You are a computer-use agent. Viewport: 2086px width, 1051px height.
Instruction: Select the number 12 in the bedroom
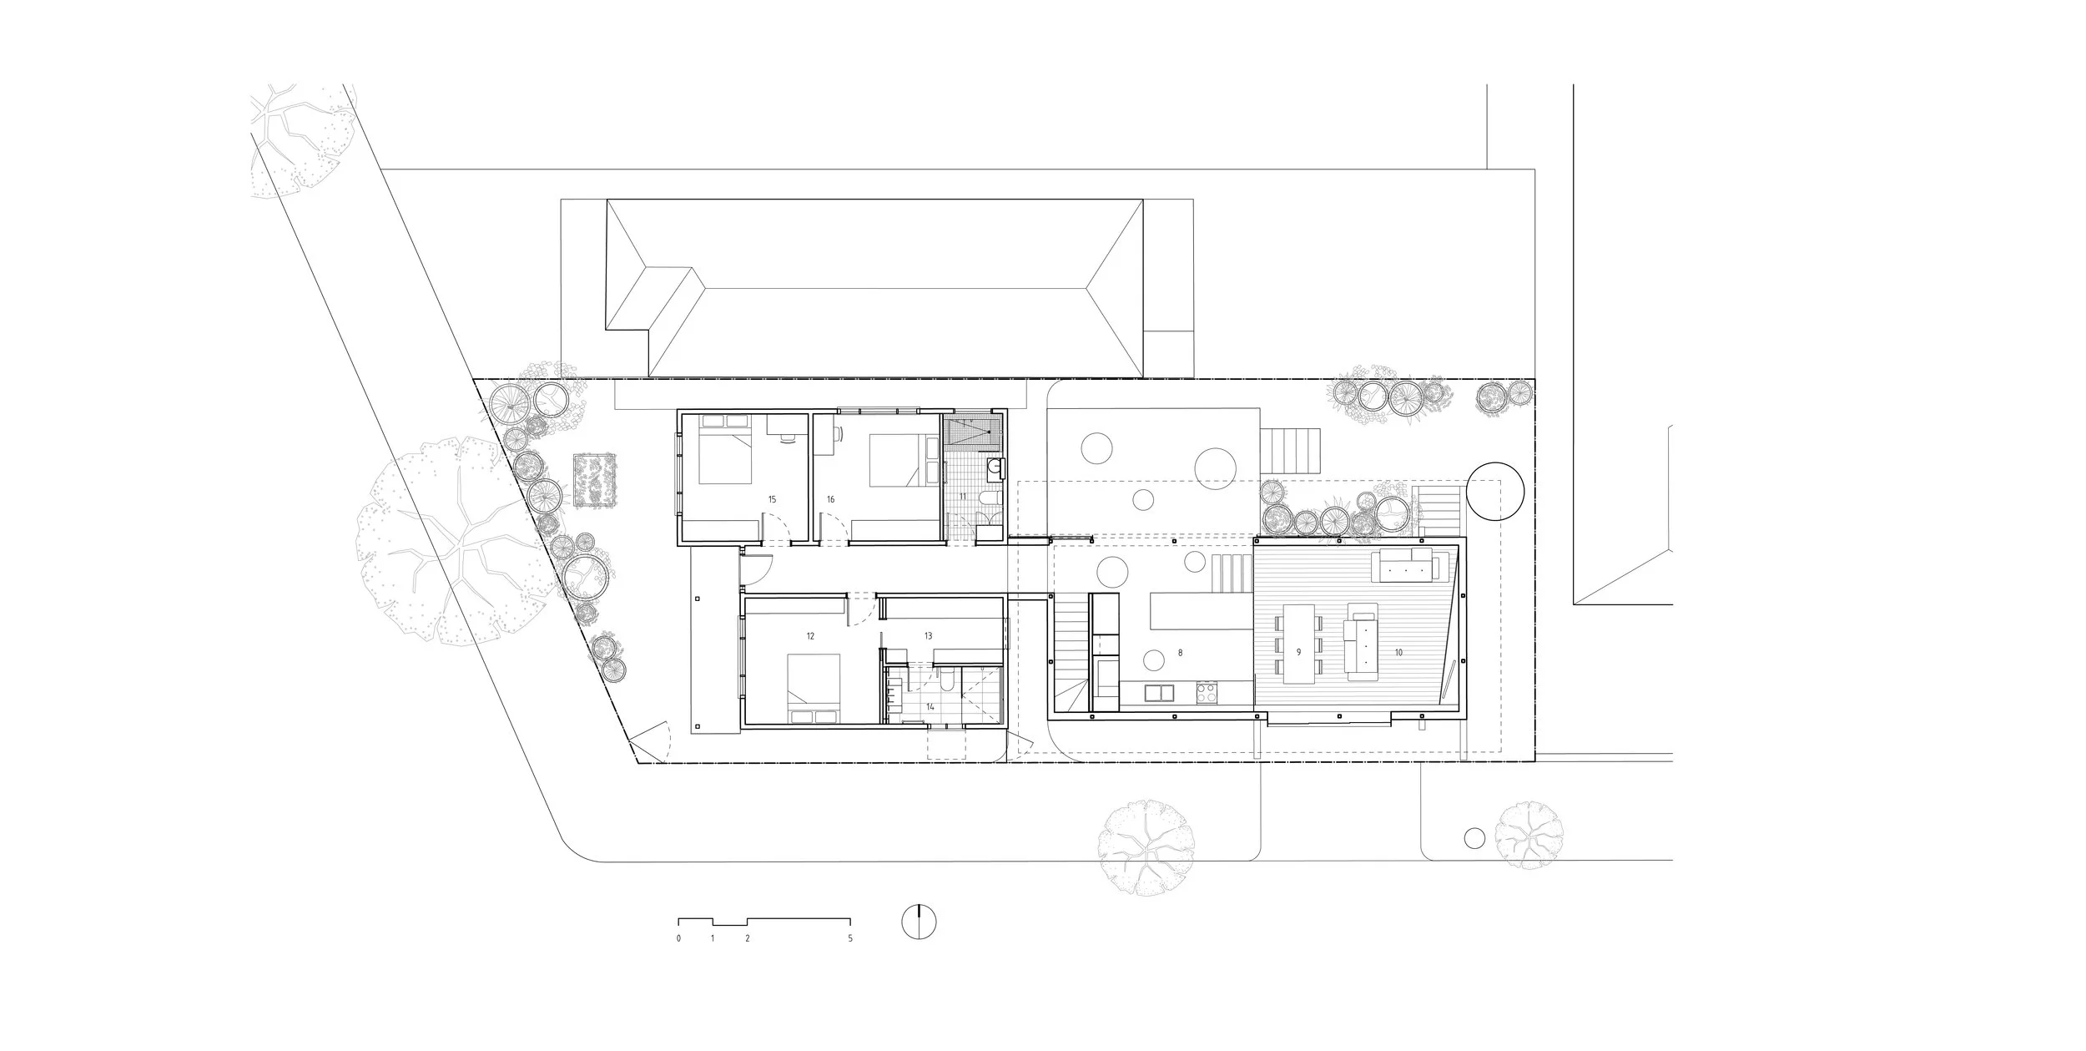pyautogui.click(x=810, y=636)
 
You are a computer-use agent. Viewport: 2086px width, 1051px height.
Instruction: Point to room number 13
pyautogui.click(x=928, y=636)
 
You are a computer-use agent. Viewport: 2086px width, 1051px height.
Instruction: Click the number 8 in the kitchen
pyautogui.click(x=1180, y=653)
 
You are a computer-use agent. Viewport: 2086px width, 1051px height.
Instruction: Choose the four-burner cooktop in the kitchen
pyautogui.click(x=1207, y=692)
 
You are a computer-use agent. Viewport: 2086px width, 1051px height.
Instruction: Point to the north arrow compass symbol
pyautogui.click(x=919, y=922)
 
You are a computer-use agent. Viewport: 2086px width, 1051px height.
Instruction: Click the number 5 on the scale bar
pyautogui.click(x=850, y=938)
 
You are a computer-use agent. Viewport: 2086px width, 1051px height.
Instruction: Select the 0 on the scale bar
pyautogui.click(x=678, y=938)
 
